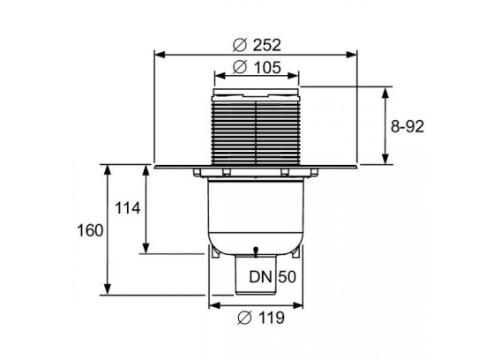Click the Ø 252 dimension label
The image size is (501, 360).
[x=257, y=45]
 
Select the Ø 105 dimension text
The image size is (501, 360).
[x=257, y=67]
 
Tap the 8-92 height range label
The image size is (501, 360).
[x=408, y=126]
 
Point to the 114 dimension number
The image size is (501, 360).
[x=128, y=208]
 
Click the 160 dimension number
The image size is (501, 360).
[x=90, y=230]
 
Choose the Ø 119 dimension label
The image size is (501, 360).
[x=261, y=318]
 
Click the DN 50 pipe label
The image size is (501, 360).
[x=273, y=277]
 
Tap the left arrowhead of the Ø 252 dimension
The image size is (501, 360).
[x=160, y=55]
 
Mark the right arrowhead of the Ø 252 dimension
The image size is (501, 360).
[x=352, y=55]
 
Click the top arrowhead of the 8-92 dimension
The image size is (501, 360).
[x=385, y=93]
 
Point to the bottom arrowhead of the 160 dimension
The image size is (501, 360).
[x=108, y=289]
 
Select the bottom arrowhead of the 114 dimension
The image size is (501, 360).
[x=146, y=248]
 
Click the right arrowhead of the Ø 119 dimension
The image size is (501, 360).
[x=298, y=305]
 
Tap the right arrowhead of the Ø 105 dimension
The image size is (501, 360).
[x=294, y=76]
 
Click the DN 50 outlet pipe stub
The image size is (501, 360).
[x=256, y=274]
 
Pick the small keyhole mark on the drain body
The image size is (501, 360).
[x=255, y=252]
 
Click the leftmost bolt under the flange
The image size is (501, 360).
[x=197, y=173]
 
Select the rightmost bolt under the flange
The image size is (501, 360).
[x=314, y=173]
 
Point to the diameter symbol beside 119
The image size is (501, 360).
[x=244, y=318]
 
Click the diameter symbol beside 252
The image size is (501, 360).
[x=240, y=45]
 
